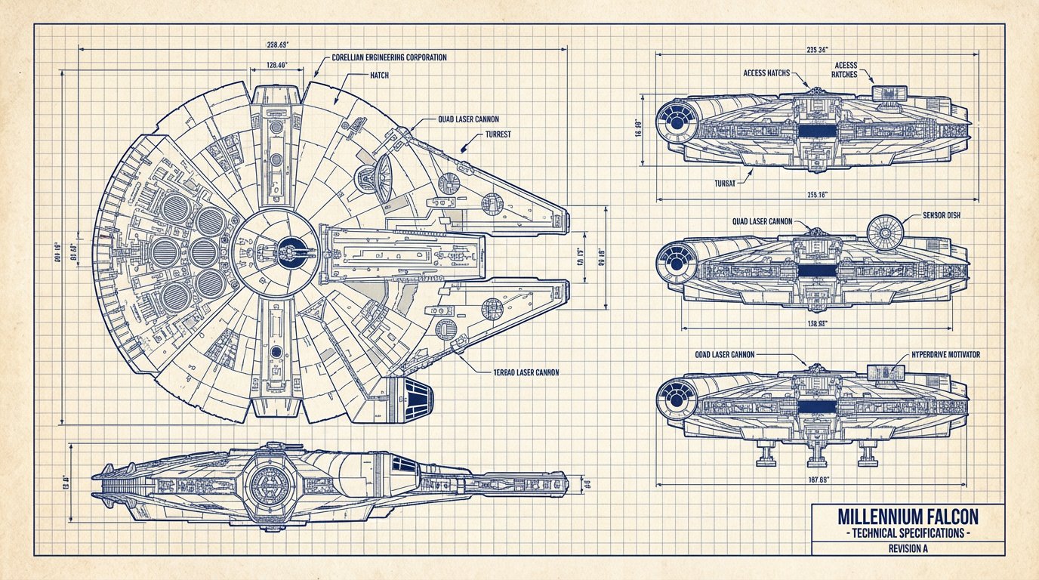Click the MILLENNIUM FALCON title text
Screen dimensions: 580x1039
(x=908, y=517)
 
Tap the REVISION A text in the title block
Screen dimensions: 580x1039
(x=908, y=549)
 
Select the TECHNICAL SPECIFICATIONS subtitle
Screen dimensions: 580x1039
(x=908, y=533)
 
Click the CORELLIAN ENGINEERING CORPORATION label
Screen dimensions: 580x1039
(x=389, y=57)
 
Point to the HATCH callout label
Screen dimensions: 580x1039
(x=379, y=76)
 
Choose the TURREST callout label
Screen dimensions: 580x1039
(x=495, y=134)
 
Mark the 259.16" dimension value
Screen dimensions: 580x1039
(x=817, y=194)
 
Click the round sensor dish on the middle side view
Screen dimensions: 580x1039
(x=884, y=233)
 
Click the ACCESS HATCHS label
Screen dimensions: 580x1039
(x=766, y=73)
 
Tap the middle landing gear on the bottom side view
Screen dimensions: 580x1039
(x=815, y=455)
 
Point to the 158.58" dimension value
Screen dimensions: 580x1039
(x=817, y=323)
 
